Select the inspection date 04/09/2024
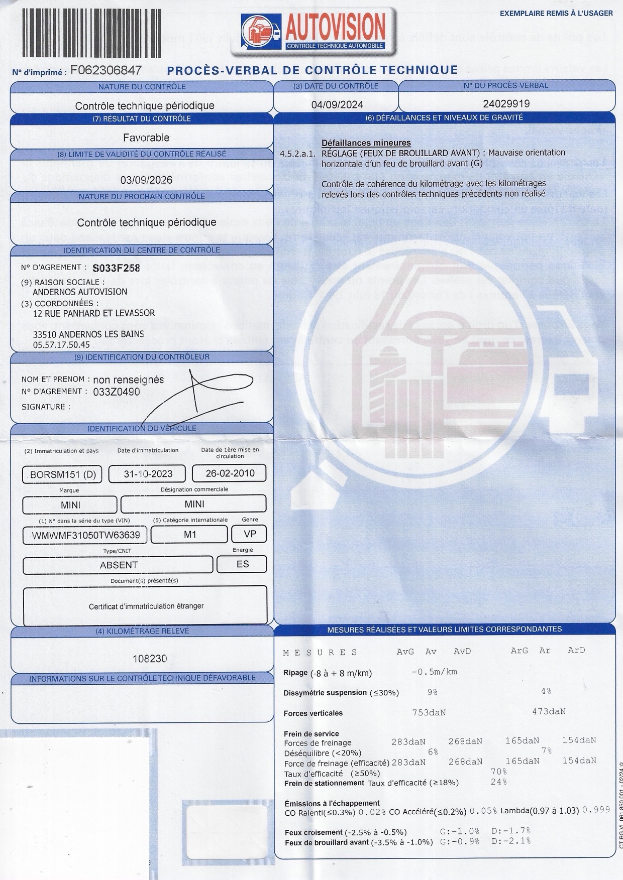(337, 104)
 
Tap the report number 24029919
(506, 104)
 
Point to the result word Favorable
(146, 138)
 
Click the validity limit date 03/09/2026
(146, 180)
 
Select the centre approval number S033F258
(116, 268)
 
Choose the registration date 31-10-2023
(148, 474)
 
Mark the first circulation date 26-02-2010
(230, 473)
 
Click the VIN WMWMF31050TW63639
(85, 535)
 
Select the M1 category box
(189, 535)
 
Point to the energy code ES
(242, 564)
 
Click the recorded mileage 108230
(149, 659)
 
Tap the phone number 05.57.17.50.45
(61, 345)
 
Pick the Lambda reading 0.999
(596, 810)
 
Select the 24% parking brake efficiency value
(498, 782)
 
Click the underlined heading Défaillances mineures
(366, 143)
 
